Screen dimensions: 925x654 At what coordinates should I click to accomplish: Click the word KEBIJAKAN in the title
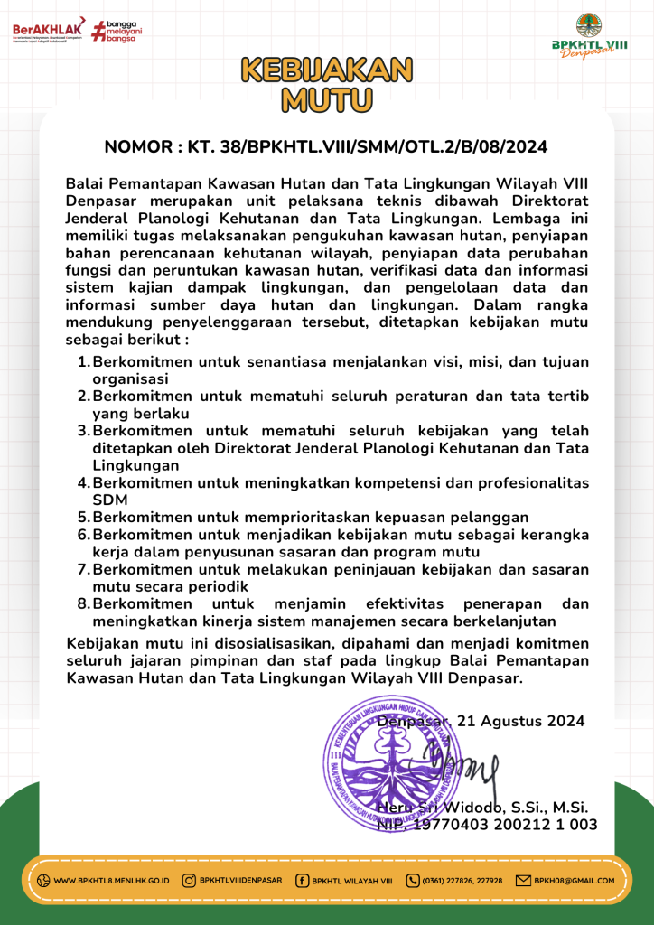click(x=327, y=70)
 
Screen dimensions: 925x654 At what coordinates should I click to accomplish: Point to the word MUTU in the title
click(x=327, y=98)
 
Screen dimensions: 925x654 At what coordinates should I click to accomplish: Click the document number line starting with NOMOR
click(x=326, y=146)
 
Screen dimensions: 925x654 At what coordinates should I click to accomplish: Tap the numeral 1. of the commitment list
click(x=83, y=362)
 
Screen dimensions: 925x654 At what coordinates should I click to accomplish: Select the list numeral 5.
click(x=83, y=518)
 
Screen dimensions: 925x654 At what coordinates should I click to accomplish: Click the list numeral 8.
click(x=83, y=603)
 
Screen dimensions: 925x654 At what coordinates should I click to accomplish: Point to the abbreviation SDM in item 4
click(x=109, y=500)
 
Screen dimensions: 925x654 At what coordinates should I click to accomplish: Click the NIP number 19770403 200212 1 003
click(x=506, y=824)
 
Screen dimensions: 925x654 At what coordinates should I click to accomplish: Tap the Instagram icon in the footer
click(x=190, y=881)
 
